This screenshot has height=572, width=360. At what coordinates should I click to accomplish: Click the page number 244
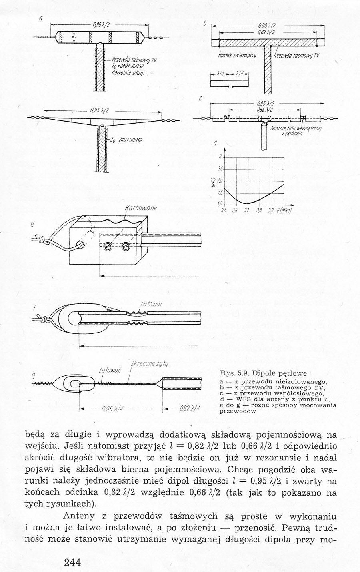72,562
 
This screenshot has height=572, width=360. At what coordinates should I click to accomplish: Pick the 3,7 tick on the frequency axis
246,210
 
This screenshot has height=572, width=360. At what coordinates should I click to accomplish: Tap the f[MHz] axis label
284,210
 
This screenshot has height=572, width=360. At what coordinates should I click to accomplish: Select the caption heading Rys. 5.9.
237,373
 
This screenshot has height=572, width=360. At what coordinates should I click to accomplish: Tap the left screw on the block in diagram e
108,247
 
